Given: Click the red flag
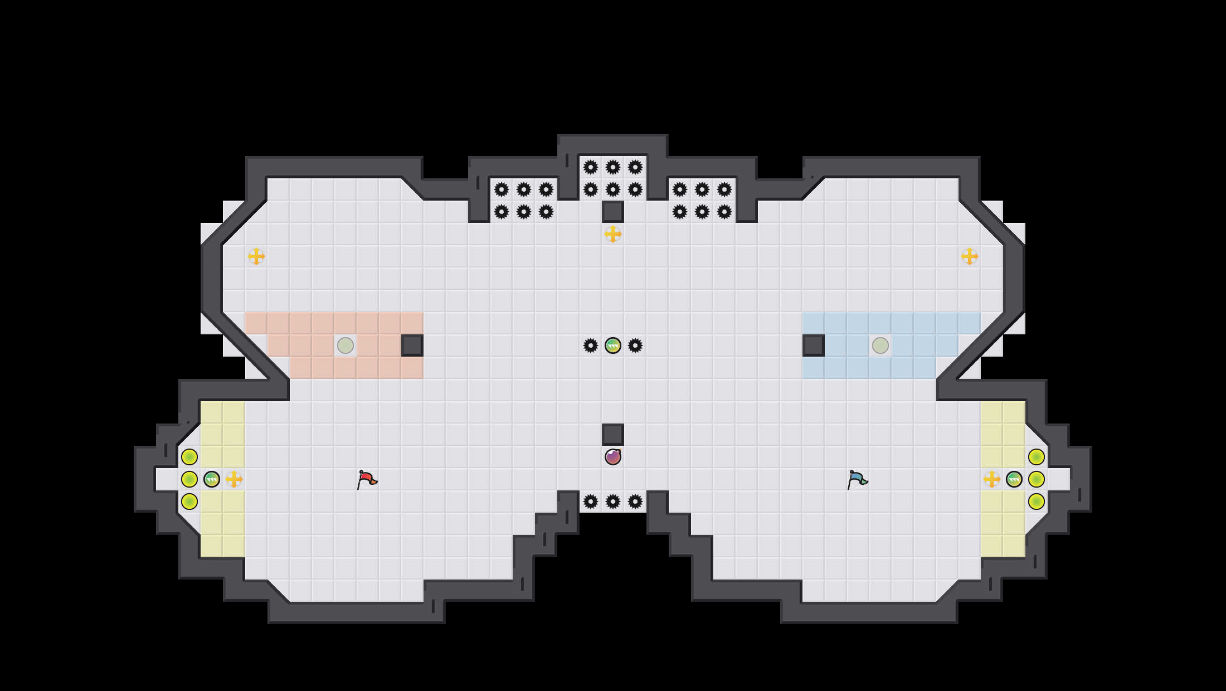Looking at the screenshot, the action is click(x=366, y=479).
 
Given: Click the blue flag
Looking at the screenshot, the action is click(x=857, y=479).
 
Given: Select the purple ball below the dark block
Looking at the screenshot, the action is click(x=613, y=457).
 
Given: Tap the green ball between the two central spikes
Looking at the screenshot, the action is click(x=613, y=345).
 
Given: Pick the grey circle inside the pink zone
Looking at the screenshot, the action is click(x=346, y=345).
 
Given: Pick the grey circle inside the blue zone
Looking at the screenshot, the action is click(x=880, y=345).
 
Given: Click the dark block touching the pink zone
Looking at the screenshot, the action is click(x=412, y=345).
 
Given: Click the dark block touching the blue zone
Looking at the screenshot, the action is click(x=814, y=345).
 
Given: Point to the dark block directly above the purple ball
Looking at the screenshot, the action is click(x=613, y=435).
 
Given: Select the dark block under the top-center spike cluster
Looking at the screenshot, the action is click(x=613, y=212).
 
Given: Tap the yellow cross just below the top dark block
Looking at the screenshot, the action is click(x=613, y=234).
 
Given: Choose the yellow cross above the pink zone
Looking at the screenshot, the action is click(x=256, y=256).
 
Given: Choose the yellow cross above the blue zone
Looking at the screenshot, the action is click(x=970, y=256).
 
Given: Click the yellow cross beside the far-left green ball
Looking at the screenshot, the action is click(x=234, y=479).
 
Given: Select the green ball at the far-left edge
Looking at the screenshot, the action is click(x=212, y=479).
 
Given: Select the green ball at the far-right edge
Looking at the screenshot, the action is click(x=1014, y=479).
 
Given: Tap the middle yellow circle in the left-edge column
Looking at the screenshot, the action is click(x=189, y=479).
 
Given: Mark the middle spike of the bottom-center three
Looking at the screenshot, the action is click(x=613, y=502).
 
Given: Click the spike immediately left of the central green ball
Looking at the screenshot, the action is click(x=591, y=345).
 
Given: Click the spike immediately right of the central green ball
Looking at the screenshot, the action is click(x=635, y=345).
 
